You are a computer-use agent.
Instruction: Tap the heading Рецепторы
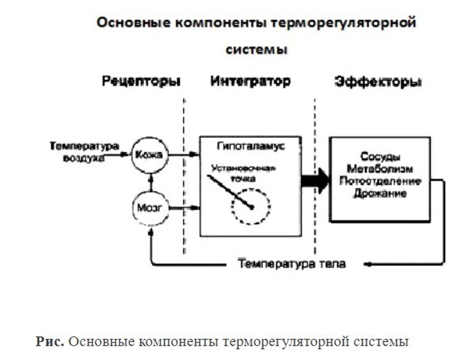pos(140,81)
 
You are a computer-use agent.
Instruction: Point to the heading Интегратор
pos(250,81)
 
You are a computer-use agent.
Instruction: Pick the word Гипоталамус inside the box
pos(250,146)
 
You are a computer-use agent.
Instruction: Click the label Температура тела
pos(292,264)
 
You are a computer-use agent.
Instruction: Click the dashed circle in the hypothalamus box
pos(252,206)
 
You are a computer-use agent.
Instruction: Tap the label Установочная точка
pos(244,174)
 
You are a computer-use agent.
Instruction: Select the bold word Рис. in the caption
pos(49,341)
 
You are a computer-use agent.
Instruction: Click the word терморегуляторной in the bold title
pos(345,23)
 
